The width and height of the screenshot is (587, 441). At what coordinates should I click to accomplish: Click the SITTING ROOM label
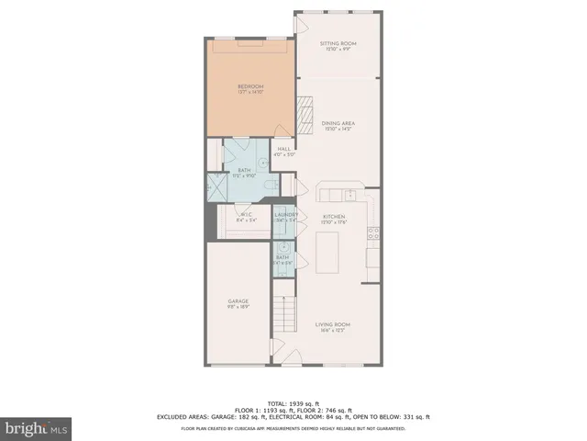coord(338,44)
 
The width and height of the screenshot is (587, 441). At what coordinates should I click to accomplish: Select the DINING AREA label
coord(338,123)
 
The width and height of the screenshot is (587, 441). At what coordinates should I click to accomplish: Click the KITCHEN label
coord(333,217)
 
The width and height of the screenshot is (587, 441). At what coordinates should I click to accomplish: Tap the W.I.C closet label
coord(244,217)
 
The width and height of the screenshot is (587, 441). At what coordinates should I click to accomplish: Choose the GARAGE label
coord(238,301)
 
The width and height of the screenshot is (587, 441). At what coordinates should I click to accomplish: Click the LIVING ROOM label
coord(333,324)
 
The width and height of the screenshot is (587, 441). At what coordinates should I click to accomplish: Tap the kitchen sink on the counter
coord(349,194)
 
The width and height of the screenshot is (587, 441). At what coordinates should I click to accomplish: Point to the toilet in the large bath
coord(269,187)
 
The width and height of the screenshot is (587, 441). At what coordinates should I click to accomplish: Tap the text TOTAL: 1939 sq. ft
coord(293,403)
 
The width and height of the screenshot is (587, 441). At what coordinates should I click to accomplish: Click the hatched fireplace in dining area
coord(305,114)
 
